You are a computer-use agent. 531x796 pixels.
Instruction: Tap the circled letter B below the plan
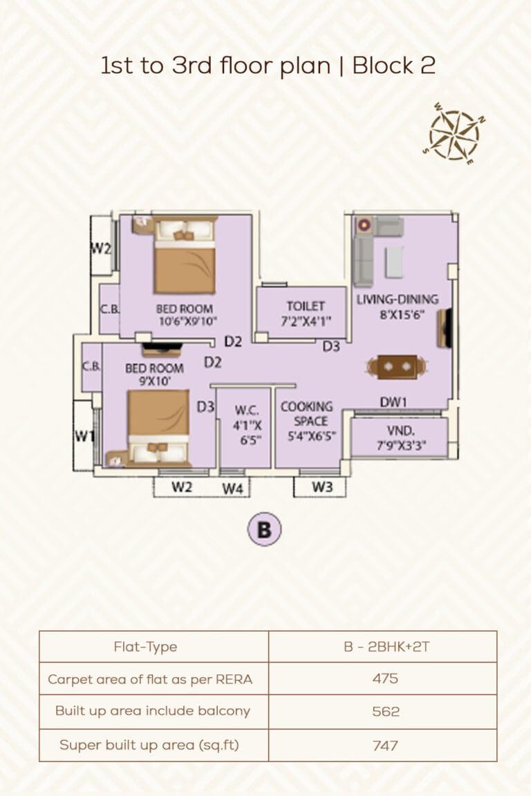[x=264, y=530]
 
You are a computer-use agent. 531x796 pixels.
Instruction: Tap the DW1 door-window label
[x=392, y=402]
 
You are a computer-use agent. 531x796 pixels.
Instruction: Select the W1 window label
[x=84, y=436]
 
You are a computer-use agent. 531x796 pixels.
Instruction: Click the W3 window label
[x=322, y=487]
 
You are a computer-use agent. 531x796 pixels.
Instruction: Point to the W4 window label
[x=233, y=489]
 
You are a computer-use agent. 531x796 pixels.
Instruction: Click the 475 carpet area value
[x=384, y=679]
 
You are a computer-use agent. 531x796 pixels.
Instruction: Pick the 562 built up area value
[x=384, y=710]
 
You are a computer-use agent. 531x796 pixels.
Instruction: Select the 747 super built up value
[x=384, y=745]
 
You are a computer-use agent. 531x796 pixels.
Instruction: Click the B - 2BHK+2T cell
[x=384, y=647]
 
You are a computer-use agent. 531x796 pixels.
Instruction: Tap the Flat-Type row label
[x=145, y=647]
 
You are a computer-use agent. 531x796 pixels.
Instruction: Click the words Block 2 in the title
[x=393, y=66]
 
